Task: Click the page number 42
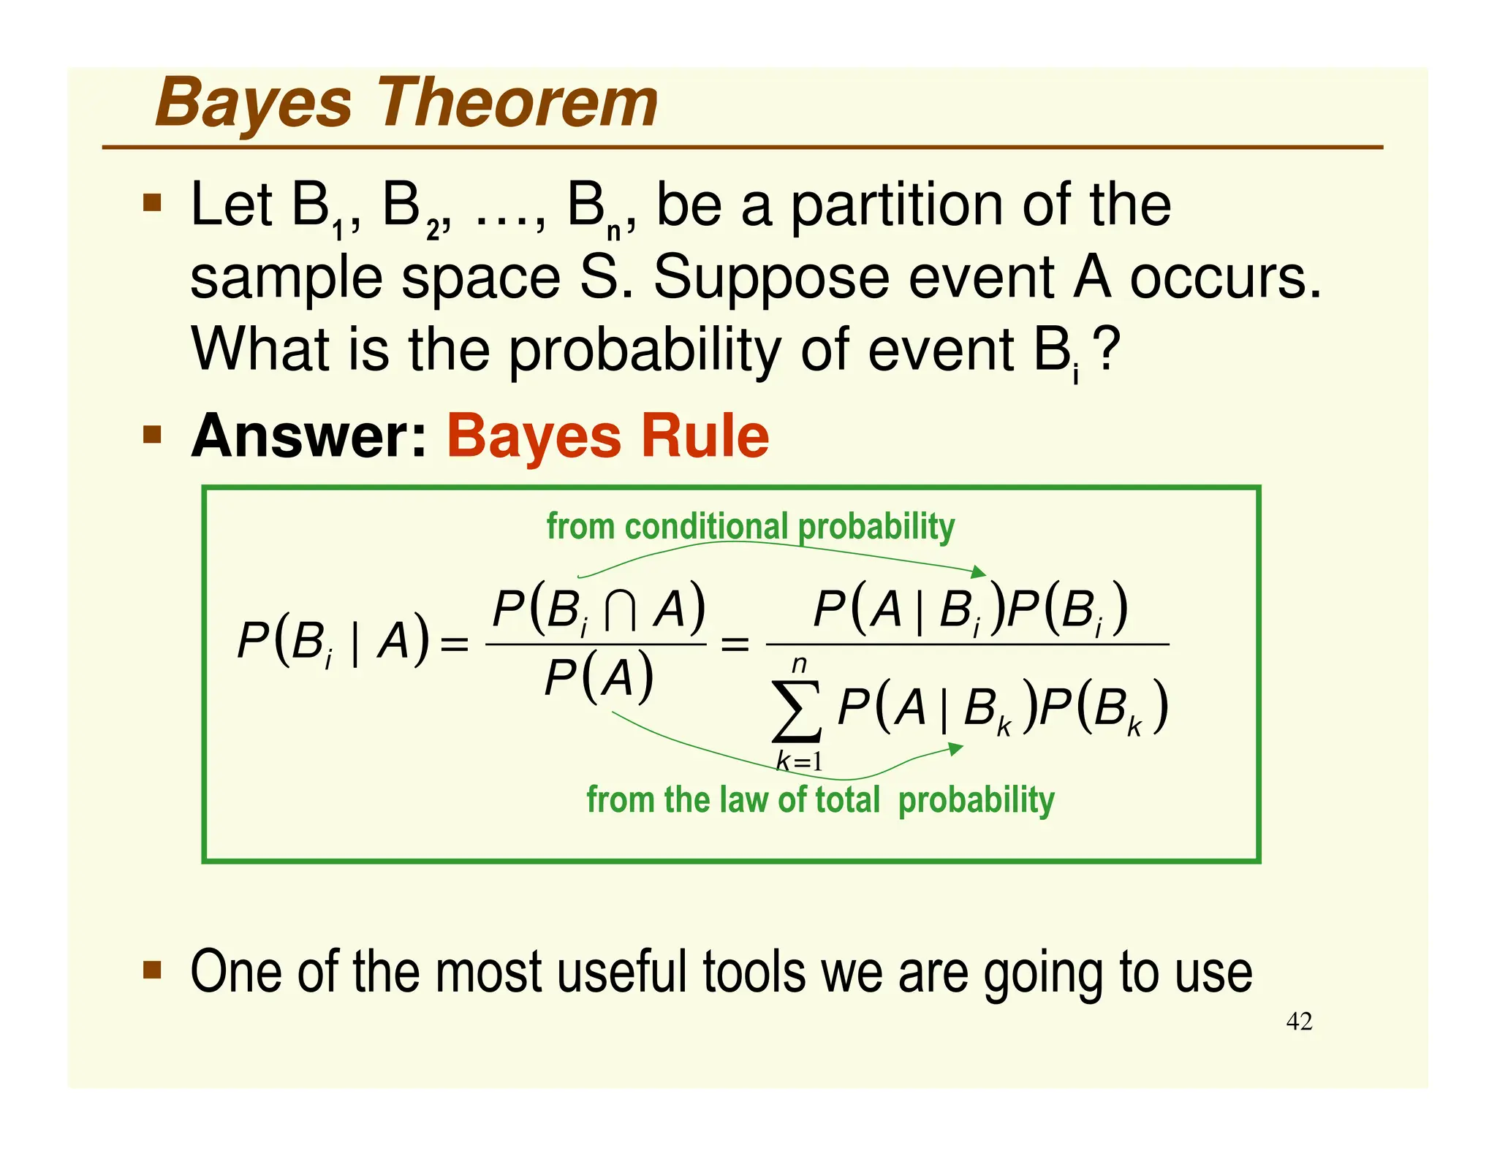click(x=1299, y=1021)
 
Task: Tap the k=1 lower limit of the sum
click(x=799, y=761)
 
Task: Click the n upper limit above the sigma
click(x=799, y=664)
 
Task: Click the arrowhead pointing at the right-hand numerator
click(x=979, y=572)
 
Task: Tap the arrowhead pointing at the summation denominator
click(x=955, y=749)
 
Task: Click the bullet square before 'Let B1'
click(x=152, y=202)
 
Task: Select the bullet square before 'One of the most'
click(x=152, y=969)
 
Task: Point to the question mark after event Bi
click(x=1108, y=349)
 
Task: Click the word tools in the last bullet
click(x=755, y=972)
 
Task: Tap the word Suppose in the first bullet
click(x=771, y=278)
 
